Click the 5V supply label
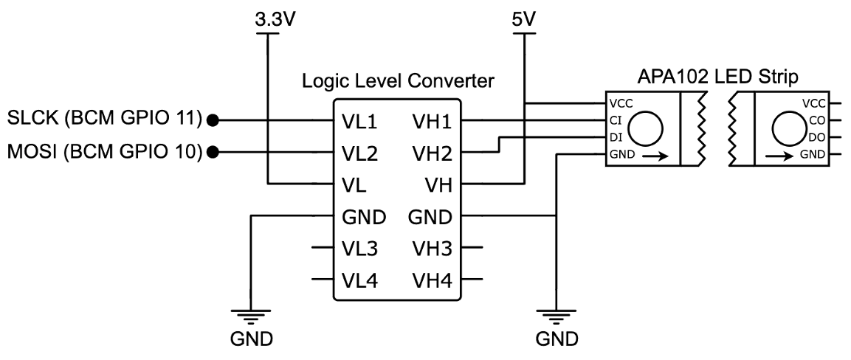(x=524, y=20)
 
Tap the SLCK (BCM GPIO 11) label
(x=104, y=119)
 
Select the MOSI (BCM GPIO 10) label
(x=104, y=152)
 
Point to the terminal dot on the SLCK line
(x=214, y=120)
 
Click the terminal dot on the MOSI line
(x=214, y=153)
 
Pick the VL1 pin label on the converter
(x=360, y=122)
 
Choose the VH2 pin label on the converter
(x=432, y=154)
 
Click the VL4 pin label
(x=360, y=280)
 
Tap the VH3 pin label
(x=432, y=249)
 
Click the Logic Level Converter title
(x=398, y=81)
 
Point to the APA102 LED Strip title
(x=718, y=77)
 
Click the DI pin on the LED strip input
(x=616, y=138)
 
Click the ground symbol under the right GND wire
(x=557, y=316)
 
